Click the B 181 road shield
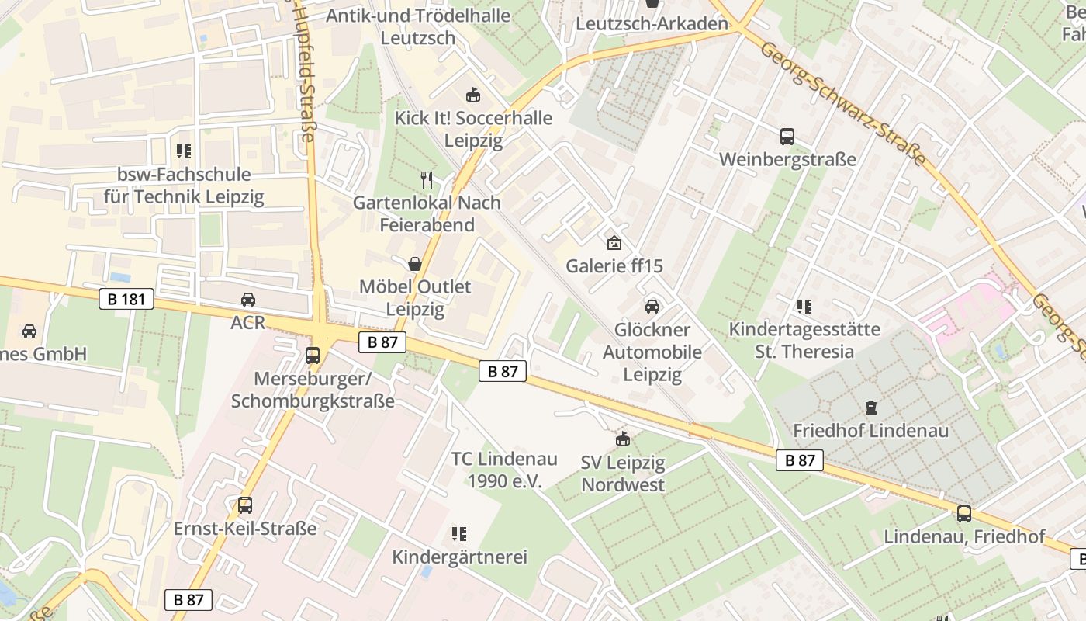click(x=126, y=299)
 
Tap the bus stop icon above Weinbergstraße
click(x=787, y=137)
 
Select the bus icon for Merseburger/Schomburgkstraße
click(x=313, y=356)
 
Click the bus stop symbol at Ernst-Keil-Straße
click(x=245, y=505)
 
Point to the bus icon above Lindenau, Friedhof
click(x=963, y=513)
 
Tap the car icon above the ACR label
click(x=247, y=300)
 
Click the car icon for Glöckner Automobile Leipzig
click(x=652, y=307)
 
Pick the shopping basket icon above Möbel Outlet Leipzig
click(x=415, y=264)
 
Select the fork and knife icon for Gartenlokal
click(x=426, y=180)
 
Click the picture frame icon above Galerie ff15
click(x=614, y=243)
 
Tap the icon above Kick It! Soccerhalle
click(x=472, y=95)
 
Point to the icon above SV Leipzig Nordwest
click(x=622, y=439)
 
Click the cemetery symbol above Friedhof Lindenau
click(x=870, y=407)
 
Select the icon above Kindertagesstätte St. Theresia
click(x=804, y=307)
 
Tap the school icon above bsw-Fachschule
click(x=184, y=151)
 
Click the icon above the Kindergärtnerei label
click(x=459, y=534)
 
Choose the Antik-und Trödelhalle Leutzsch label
click(x=418, y=26)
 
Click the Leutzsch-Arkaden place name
click(x=652, y=24)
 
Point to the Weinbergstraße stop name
click(x=787, y=160)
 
